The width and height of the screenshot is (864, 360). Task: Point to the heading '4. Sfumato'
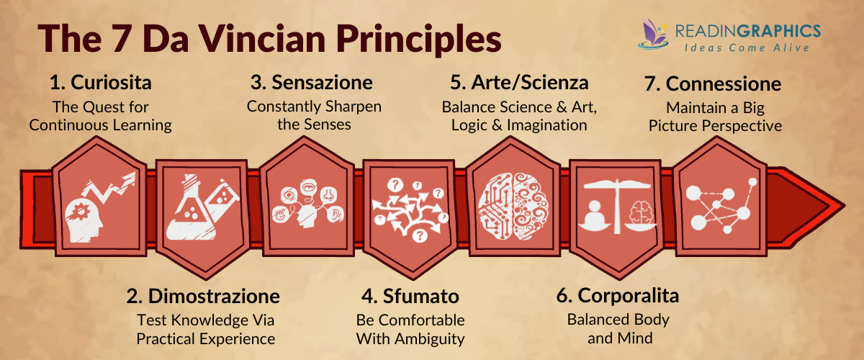[x=410, y=296]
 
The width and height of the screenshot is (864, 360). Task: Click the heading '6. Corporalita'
[x=617, y=296]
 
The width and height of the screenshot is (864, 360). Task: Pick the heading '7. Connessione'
[x=713, y=84]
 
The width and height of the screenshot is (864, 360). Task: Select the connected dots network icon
[x=720, y=203]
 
